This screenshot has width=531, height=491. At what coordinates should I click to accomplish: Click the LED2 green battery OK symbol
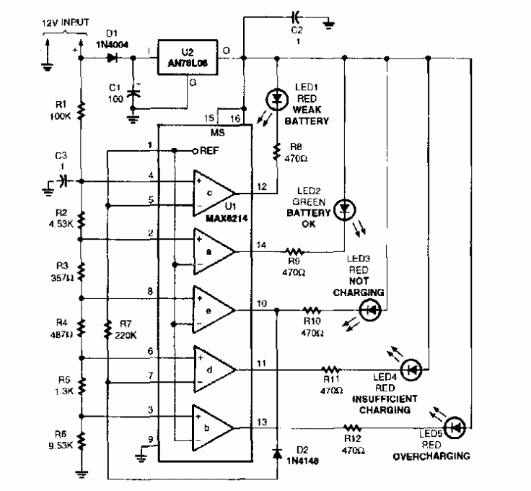(346, 208)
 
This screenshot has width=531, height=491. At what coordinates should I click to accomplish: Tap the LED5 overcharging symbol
(455, 427)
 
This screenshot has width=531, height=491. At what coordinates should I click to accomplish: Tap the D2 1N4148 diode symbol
(277, 454)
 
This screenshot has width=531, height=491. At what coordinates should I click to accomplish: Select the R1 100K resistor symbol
(82, 110)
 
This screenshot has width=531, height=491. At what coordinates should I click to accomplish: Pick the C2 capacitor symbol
(294, 14)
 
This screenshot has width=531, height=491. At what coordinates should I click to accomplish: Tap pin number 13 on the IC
(261, 422)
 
